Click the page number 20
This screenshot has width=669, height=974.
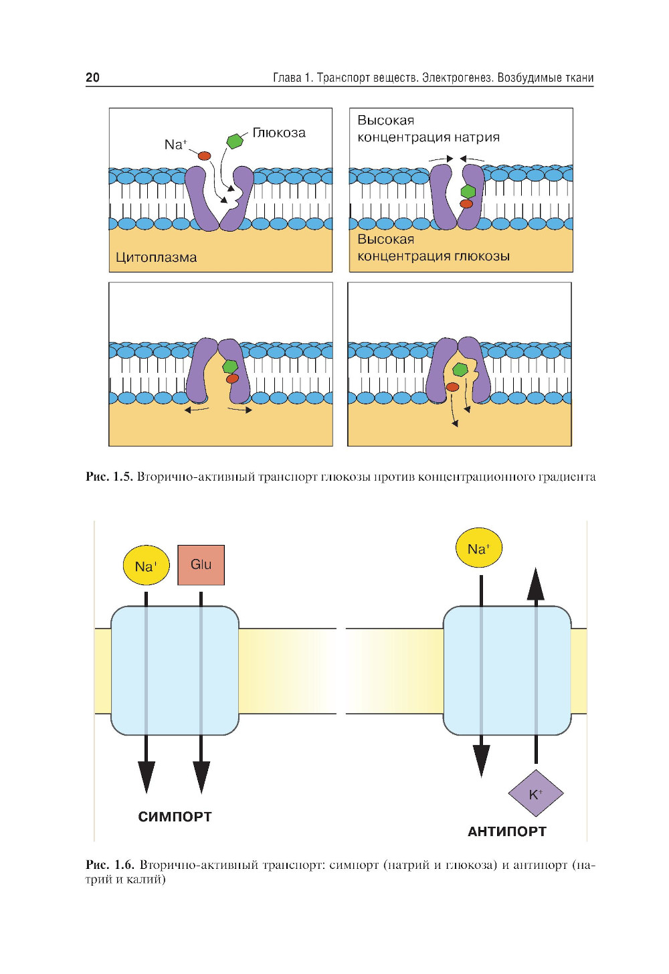coord(92,77)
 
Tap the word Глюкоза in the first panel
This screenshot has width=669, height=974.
coord(279,133)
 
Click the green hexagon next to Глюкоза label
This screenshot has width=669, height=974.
coord(235,141)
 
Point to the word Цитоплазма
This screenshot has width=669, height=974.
coord(156,257)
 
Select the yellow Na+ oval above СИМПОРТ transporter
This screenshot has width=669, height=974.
coord(146,566)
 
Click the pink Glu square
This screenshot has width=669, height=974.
coord(201,564)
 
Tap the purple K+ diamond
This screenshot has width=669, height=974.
coord(535,794)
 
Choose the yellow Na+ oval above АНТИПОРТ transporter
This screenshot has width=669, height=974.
coord(478,548)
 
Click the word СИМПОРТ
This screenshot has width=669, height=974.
coord(175,817)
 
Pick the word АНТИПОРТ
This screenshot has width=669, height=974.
coord(506,831)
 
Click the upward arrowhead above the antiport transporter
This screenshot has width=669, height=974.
coord(535,584)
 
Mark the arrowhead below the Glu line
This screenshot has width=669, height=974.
coord(201,777)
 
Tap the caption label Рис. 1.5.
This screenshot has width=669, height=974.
coord(109,477)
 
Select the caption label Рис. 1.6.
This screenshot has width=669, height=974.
coord(110,865)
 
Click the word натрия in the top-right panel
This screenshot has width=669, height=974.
coord(477,137)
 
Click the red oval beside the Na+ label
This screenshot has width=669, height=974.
coord(205,156)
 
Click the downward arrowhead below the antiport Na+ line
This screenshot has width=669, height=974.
coord(481,760)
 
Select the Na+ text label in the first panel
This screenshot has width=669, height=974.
coord(175,144)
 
